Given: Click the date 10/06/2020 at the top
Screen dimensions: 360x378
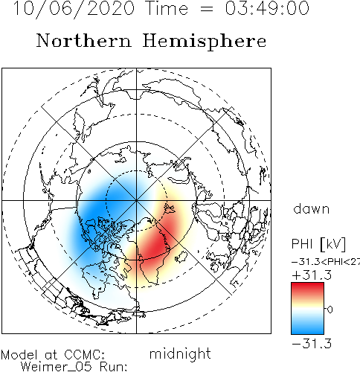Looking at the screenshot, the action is (x=74, y=9).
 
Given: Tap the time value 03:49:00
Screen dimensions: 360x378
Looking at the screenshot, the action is (x=267, y=8).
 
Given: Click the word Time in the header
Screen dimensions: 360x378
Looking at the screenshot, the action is (x=167, y=8).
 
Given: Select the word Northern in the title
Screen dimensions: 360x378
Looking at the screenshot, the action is (x=84, y=40).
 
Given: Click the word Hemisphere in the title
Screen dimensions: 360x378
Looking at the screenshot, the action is (x=205, y=42).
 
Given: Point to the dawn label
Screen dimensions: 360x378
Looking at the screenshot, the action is (x=311, y=209).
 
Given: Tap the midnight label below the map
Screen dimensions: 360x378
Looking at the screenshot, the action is (x=180, y=354).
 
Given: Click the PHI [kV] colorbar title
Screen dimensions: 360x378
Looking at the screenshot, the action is (x=318, y=244).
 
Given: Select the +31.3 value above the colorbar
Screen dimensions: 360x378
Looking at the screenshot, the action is (x=312, y=275).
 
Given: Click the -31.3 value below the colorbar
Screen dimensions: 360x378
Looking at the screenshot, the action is (x=312, y=344).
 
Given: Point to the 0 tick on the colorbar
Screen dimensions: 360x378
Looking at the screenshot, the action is (x=330, y=310).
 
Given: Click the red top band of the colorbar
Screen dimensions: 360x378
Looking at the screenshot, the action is (x=307, y=289).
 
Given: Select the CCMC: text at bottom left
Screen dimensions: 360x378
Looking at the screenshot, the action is (x=84, y=355).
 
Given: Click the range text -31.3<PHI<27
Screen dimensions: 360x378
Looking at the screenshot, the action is (x=326, y=262).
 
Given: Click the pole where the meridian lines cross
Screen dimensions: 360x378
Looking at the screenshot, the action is (x=136, y=200).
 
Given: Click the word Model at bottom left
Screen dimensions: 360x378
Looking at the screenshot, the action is (x=19, y=355).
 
